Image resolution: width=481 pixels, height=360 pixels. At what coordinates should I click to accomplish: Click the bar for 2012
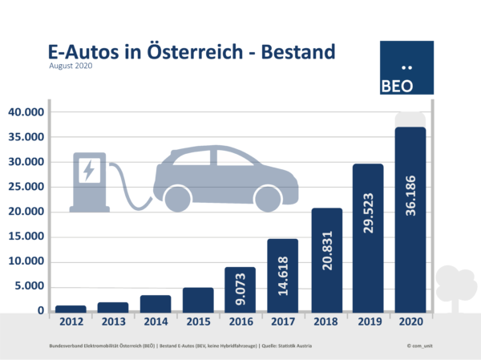click(71, 308)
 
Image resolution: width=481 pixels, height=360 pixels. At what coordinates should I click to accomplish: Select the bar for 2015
click(198, 299)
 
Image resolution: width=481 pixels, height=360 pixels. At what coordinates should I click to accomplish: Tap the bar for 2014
click(156, 303)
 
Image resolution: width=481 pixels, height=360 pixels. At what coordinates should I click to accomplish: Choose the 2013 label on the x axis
click(113, 324)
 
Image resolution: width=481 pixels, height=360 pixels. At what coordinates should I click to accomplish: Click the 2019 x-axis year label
click(368, 324)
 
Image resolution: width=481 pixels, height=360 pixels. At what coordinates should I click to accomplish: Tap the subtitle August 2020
click(71, 67)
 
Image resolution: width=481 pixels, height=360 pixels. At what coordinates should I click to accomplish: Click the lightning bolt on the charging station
click(88, 170)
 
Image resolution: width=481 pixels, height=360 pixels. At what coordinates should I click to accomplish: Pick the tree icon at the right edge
click(456, 285)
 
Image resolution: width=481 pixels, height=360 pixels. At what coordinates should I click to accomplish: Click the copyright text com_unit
click(420, 345)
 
